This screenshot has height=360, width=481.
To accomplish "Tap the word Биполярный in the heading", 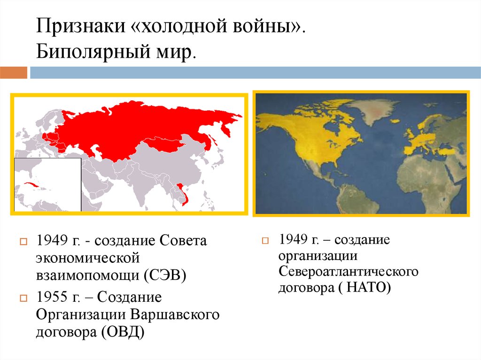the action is point(93,51).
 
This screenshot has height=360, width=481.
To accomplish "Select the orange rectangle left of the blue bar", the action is point(14,73).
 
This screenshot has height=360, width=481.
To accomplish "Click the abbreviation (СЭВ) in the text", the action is point(165,275).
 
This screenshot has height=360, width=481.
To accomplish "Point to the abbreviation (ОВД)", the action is point(121,332).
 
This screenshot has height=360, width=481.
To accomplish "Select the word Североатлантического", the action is point(349,271).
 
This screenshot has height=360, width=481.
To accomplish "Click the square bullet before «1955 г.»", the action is point(23,298).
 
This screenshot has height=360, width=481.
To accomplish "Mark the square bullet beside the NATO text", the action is point(265,240).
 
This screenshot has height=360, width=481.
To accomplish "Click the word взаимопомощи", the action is point(88,275).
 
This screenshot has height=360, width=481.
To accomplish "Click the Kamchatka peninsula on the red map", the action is point(226,128).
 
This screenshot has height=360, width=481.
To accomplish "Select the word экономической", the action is point(88,258).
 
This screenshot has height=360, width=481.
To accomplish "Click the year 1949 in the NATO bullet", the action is point(293,239).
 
